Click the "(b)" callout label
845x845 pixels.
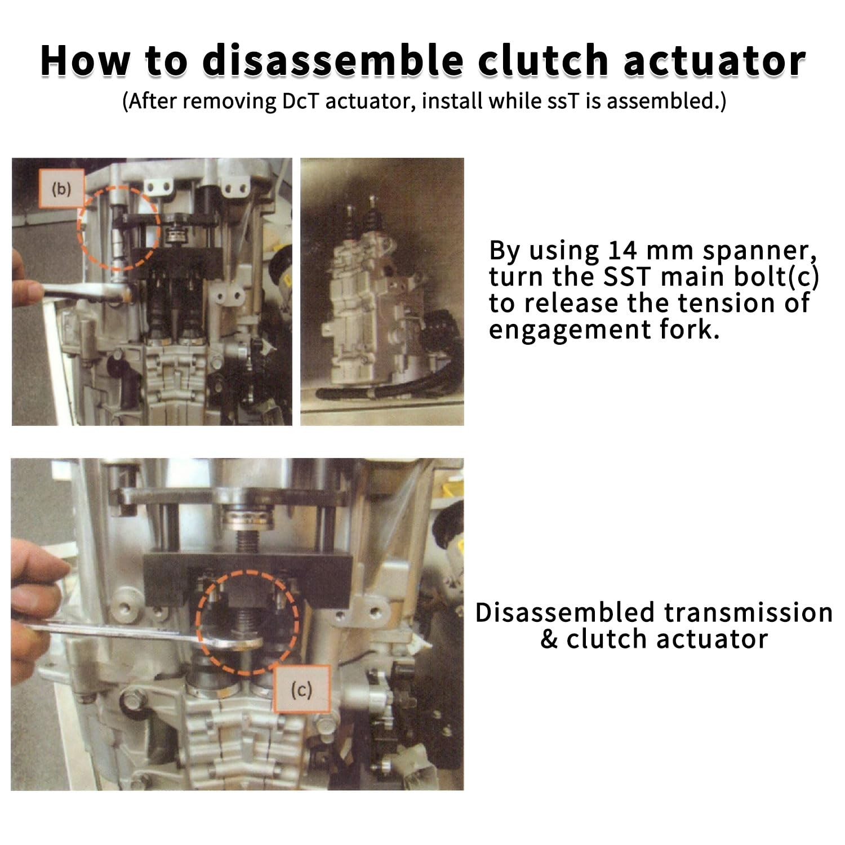pyautogui.click(x=61, y=189)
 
